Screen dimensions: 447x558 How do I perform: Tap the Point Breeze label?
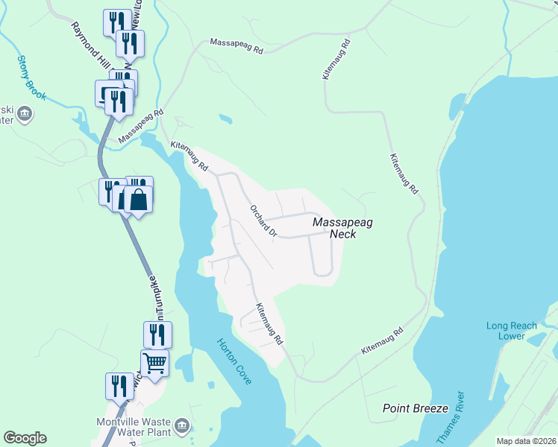pos(416,408)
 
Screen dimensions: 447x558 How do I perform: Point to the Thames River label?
pos(454,417)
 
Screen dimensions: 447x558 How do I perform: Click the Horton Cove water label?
pos(234,361)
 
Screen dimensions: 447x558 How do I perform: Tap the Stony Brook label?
pos(31,78)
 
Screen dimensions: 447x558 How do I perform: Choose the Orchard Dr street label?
pos(263,221)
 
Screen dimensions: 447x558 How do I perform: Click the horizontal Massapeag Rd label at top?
pos(236,46)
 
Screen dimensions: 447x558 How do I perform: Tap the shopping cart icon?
pos(155,363)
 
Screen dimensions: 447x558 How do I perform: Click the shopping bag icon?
pos(138,199)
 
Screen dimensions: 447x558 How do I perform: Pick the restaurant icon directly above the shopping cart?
pos(157,335)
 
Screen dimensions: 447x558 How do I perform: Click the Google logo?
pos(25,438)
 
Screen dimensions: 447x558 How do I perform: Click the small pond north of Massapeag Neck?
pos(225,118)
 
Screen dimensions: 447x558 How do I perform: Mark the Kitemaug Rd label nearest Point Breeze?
pos(382,340)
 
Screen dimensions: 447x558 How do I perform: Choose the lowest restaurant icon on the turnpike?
pos(119,386)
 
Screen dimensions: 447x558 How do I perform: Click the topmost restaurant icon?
pos(116,22)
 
